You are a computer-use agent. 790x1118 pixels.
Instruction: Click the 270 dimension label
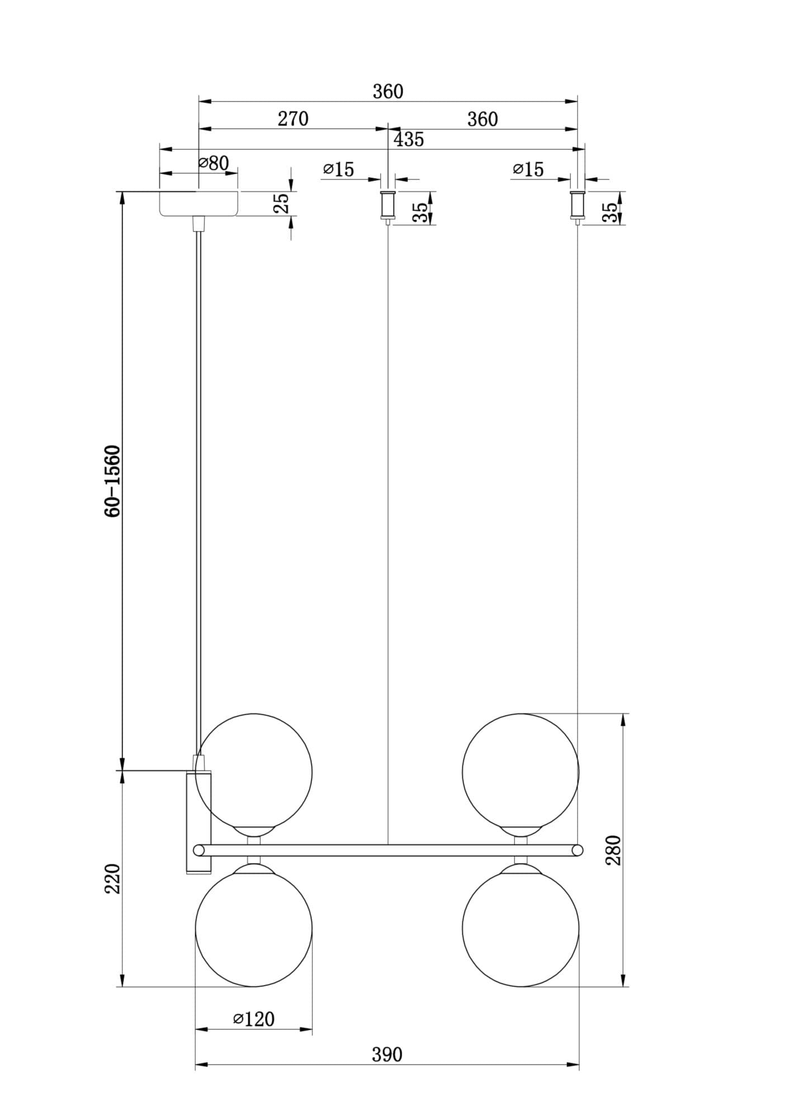pos(293,119)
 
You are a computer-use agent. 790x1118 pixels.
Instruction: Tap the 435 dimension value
pos(409,139)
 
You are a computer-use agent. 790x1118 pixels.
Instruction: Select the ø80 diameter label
pos(214,163)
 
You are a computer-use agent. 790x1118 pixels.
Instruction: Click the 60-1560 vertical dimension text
pos(112,481)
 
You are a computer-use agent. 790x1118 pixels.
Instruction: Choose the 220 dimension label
pos(113,878)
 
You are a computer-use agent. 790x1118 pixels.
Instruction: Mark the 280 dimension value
pos(613,850)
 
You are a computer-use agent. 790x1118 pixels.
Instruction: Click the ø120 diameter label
pos(254,1019)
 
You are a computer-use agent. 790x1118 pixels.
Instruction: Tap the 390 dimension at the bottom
pos(387,1054)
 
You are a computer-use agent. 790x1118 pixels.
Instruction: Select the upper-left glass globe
pos(254,772)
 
